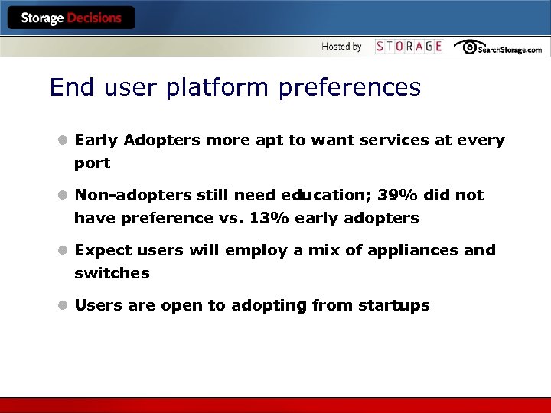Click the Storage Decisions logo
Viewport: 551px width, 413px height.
coord(70,18)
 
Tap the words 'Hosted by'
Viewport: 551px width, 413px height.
coord(341,47)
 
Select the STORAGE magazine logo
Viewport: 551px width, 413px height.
coord(409,47)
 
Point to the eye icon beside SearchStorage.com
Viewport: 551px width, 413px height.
coord(466,47)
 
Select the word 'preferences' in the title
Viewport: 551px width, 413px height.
coord(350,88)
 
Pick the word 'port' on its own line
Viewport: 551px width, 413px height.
coord(92,164)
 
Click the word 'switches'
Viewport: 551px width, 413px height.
coord(112,273)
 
